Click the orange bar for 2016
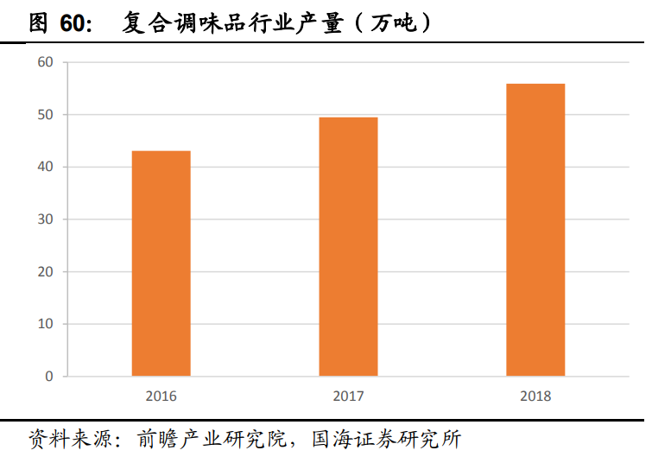click(x=161, y=263)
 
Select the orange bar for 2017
click(x=348, y=246)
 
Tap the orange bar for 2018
click(x=535, y=230)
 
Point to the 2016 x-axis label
click(x=161, y=396)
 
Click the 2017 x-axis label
click(x=348, y=396)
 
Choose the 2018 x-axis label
click(x=535, y=396)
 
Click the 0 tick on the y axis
click(x=48, y=377)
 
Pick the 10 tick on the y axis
click(x=45, y=324)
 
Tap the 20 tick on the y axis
click(x=45, y=271)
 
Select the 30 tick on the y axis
click(x=45, y=219)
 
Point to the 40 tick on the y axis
click(x=45, y=167)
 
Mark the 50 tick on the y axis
click(x=45, y=115)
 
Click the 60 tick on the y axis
click(x=45, y=62)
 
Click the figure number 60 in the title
click(x=76, y=23)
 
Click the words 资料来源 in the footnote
click(x=60, y=439)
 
